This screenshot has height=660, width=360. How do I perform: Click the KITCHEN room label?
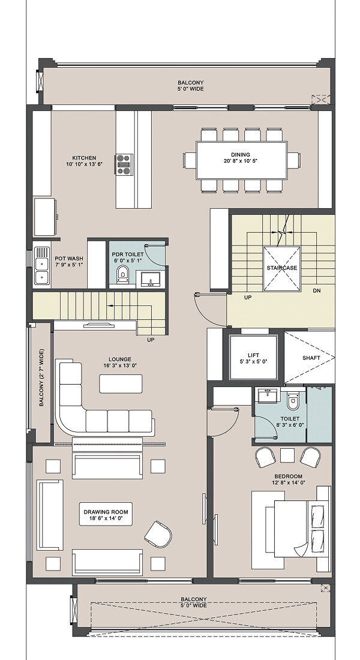(84, 158)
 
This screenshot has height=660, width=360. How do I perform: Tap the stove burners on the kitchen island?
(124, 164)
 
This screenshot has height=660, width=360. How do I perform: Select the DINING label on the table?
(241, 154)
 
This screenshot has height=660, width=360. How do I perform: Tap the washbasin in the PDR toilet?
(148, 278)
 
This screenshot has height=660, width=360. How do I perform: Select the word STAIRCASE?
(281, 268)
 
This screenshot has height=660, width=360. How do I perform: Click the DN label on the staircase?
(317, 290)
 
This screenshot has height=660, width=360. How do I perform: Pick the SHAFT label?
(311, 358)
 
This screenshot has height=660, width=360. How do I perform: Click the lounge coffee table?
(121, 383)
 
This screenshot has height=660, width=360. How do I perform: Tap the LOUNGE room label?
(120, 359)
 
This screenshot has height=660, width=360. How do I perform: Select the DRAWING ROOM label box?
(106, 514)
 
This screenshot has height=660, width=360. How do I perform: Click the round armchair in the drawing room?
(158, 534)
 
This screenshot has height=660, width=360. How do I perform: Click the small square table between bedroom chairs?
(287, 456)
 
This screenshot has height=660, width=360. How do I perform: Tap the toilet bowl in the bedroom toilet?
(293, 401)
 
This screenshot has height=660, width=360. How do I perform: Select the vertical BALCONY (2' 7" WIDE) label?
(41, 377)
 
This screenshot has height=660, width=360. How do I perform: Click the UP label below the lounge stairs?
(151, 340)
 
